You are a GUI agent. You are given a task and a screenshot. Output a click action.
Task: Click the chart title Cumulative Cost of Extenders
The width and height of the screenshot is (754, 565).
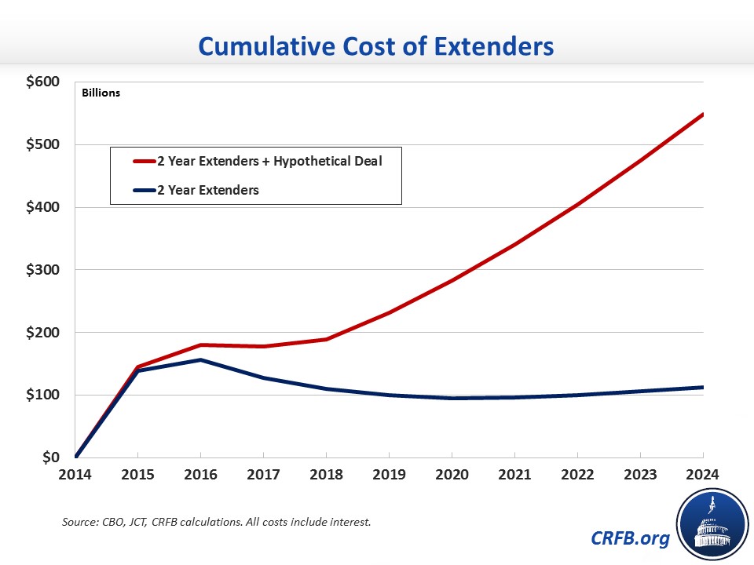377,46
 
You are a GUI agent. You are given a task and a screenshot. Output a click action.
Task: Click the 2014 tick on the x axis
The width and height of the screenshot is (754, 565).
75,476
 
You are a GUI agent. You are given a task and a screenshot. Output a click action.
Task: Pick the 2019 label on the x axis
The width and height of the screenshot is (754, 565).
389,476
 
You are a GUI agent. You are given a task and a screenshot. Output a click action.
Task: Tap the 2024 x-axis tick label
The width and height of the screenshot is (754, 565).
701,476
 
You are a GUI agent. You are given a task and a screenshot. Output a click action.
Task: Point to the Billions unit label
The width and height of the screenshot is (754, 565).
101,93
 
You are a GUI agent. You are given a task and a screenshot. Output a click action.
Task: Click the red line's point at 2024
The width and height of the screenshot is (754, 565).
702,115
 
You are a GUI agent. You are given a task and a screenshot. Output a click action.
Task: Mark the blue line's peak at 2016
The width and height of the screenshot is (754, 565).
201,360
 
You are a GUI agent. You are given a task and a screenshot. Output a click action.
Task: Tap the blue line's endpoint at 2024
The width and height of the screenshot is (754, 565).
702,387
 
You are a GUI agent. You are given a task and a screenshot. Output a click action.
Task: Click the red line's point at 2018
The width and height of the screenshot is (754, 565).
326,339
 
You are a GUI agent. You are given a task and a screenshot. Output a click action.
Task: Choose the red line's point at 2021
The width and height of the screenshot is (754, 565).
514,245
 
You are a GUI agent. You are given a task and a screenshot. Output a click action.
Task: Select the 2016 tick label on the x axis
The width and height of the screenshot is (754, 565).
201,476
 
